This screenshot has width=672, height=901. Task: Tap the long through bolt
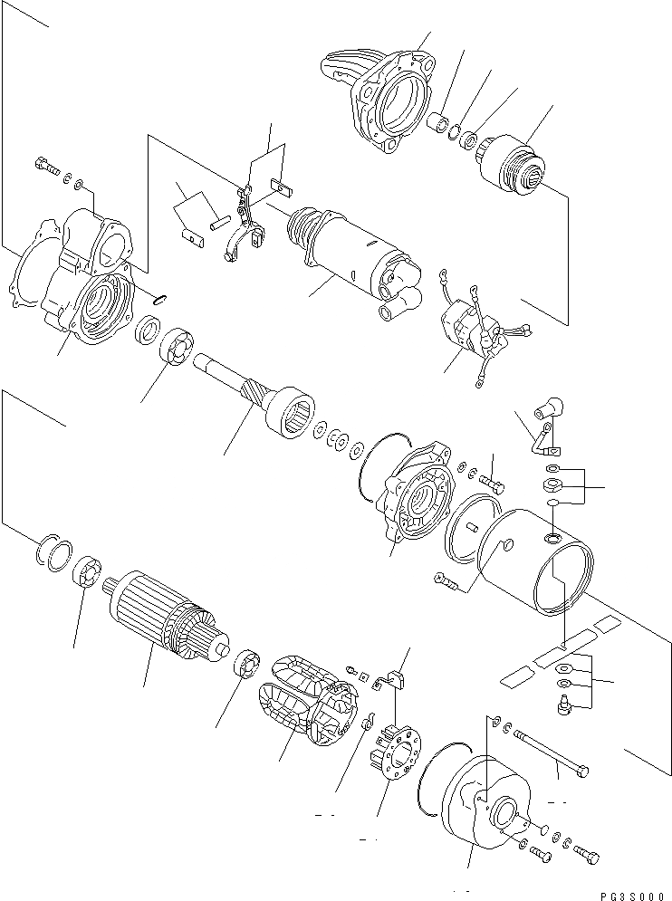click(x=552, y=752)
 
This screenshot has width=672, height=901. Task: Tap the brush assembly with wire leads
click(x=466, y=330)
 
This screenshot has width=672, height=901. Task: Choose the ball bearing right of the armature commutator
click(x=247, y=665)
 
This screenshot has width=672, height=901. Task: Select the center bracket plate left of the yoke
click(x=416, y=488)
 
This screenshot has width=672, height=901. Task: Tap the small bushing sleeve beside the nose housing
click(x=439, y=122)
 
